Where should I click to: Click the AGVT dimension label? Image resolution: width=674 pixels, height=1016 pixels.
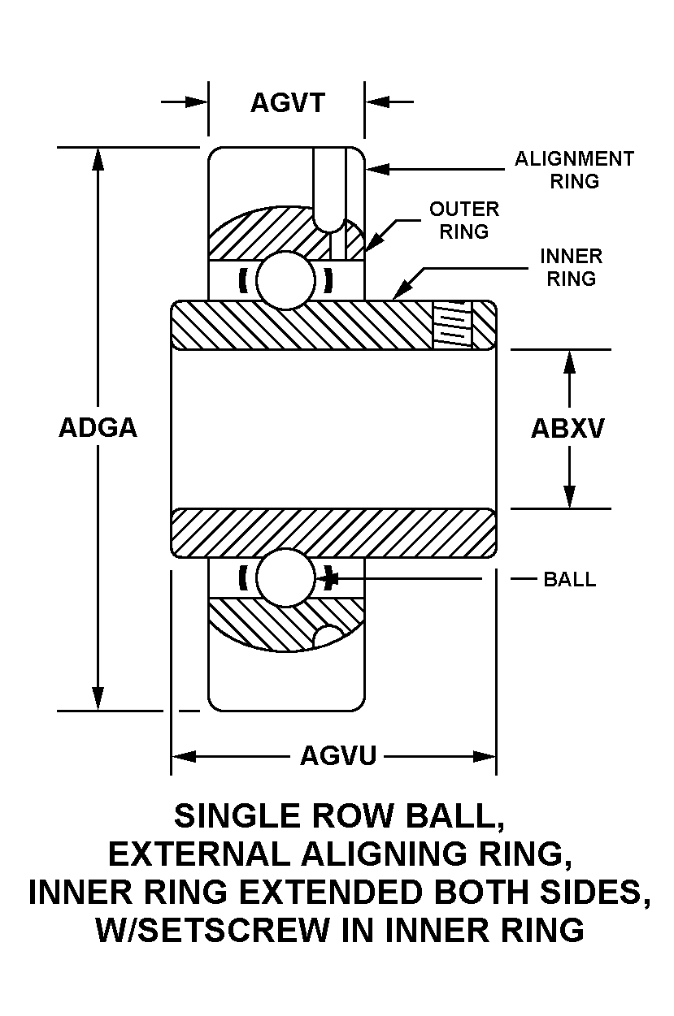287,103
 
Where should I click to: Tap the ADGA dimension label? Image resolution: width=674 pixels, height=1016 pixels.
98,428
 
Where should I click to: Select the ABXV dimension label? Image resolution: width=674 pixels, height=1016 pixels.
567,429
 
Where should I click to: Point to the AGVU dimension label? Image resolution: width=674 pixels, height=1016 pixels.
338,756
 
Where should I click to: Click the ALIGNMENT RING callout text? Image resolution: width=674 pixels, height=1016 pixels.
574,170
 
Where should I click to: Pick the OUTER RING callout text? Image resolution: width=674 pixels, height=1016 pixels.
464,220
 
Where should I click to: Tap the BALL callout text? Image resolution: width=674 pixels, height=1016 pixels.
569,579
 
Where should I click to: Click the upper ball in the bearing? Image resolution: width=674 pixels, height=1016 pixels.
285,279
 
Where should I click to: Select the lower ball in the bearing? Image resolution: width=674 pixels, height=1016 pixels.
285,577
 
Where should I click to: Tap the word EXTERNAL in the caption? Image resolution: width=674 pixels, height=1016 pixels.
201,854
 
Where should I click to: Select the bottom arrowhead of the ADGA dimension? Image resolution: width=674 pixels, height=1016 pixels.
98,699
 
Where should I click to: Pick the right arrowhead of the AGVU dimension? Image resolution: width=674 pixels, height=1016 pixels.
486,757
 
